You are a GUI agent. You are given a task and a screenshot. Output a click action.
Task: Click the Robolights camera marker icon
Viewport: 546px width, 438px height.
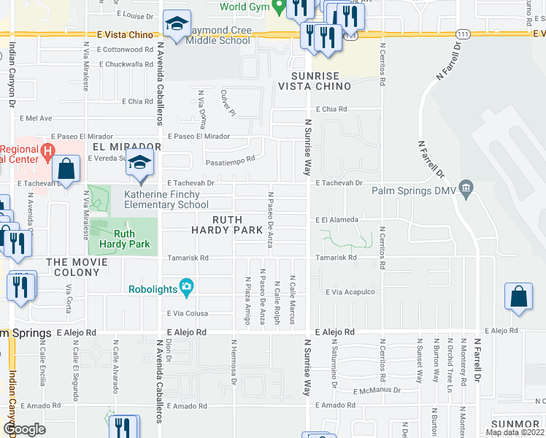(187, 288)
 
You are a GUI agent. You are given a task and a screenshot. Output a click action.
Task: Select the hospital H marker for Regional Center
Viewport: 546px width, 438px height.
(48, 154)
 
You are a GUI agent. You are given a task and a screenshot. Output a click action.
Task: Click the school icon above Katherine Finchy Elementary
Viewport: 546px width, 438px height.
(139, 164)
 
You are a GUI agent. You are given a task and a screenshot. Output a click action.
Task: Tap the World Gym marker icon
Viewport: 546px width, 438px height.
(277, 6)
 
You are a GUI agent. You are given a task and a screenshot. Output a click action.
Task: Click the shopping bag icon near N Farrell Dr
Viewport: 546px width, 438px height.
(518, 297)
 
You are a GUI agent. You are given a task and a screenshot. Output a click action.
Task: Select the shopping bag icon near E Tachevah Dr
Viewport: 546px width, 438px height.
(66, 169)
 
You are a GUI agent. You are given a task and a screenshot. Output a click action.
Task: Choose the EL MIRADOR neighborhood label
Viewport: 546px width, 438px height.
(126, 147)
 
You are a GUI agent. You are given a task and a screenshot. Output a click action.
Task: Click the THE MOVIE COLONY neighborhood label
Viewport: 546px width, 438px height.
(72, 267)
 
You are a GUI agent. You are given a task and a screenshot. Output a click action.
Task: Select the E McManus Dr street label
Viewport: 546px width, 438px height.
(377, 391)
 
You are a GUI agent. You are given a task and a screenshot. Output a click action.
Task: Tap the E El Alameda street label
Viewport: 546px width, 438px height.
(337, 220)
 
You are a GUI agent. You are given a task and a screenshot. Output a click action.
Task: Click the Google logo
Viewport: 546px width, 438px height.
(24, 429)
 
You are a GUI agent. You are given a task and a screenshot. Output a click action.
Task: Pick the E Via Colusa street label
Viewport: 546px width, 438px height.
(188, 314)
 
